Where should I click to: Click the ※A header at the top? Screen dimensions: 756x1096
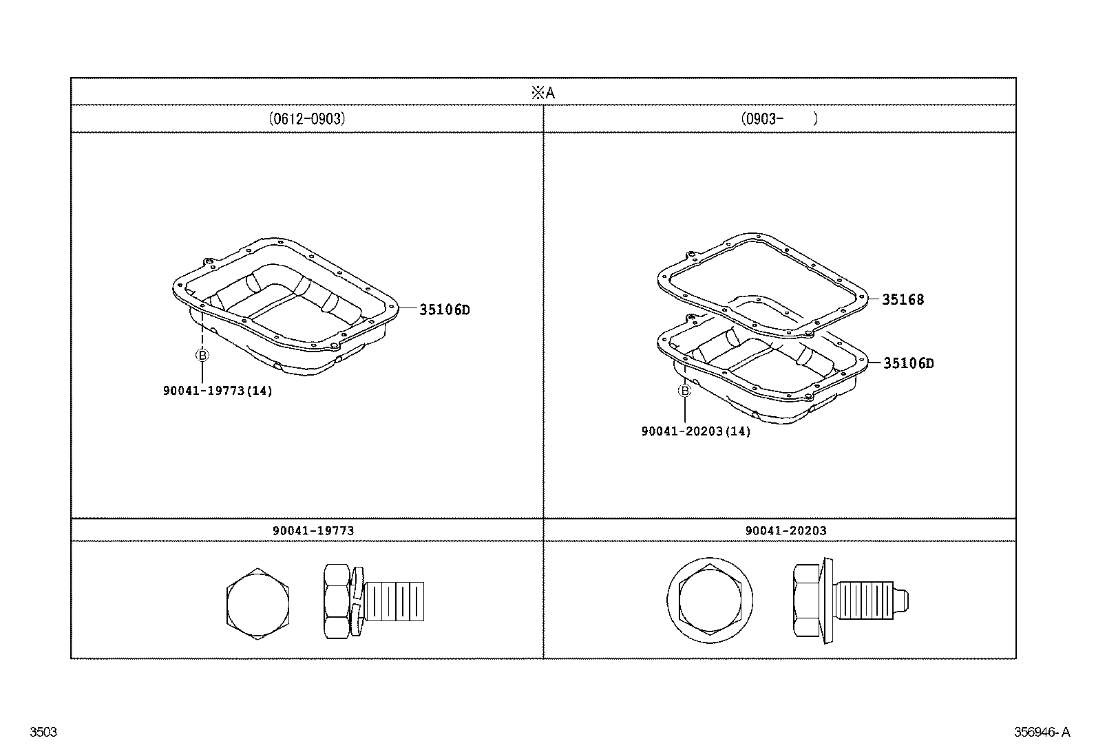(543, 93)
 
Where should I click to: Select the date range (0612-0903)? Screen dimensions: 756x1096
(307, 118)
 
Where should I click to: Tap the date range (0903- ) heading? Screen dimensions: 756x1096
(779, 118)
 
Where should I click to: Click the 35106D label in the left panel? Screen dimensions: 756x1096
(445, 310)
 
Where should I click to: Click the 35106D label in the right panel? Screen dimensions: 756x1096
(909, 364)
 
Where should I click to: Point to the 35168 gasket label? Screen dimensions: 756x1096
(903, 300)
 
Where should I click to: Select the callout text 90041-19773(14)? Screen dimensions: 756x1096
(218, 391)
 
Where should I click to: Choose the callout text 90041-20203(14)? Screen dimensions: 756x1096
(695, 431)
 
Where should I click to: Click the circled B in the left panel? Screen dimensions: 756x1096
(202, 355)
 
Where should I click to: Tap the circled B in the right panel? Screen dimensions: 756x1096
(684, 391)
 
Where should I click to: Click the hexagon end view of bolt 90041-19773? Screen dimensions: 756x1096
(257, 605)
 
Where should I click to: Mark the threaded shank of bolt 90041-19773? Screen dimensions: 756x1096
(394, 600)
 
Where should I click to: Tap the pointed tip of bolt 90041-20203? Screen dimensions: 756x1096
(905, 599)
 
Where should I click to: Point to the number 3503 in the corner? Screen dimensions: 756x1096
(43, 732)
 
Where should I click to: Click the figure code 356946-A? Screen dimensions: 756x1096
(1042, 732)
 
